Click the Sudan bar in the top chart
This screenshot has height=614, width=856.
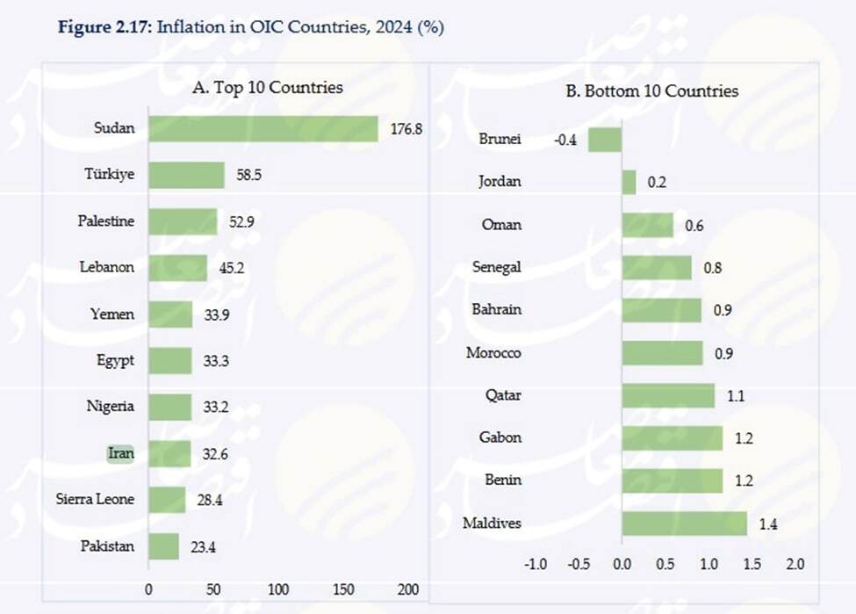coord(263,128)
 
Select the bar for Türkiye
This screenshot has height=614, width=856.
coord(186,175)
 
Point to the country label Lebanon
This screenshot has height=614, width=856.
coord(106,267)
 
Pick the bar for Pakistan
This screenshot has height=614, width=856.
coord(163,546)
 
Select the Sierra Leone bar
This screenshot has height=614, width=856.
coord(167,500)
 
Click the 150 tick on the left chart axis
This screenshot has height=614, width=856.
coord(344,589)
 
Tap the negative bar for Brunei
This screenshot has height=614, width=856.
coord(605,140)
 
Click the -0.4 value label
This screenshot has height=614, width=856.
coord(565,140)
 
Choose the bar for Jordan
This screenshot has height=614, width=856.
coord(629,182)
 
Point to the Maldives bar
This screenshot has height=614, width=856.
coord(684,524)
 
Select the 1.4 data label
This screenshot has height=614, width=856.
coord(768,524)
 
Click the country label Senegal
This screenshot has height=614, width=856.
coord(496,267)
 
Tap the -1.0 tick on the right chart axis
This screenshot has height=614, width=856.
coord(536,563)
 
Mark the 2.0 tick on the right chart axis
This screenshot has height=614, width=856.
coord(795,563)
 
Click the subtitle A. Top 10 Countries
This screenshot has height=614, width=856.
coord(268,88)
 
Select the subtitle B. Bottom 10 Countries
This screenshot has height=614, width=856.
coord(652,90)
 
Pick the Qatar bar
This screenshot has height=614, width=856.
coord(668,396)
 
